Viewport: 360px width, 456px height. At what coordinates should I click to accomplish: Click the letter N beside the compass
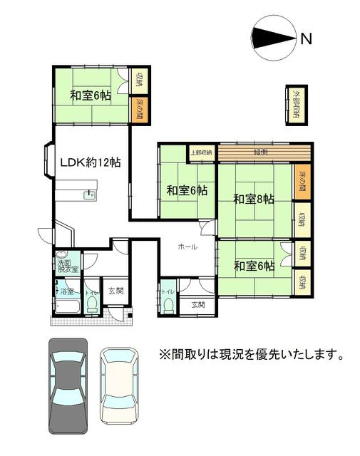tap(307, 39)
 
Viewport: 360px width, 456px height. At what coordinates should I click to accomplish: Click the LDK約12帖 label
tap(89, 162)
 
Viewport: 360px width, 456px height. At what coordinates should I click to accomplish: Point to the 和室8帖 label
tap(253, 199)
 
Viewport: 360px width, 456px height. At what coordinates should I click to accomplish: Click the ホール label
tap(187, 247)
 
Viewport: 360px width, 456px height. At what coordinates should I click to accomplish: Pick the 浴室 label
tap(66, 291)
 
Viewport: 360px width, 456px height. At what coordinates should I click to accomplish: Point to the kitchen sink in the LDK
tap(88, 195)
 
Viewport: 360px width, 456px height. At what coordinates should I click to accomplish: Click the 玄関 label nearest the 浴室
tap(115, 291)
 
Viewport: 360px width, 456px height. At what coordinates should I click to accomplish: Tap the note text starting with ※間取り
tap(251, 354)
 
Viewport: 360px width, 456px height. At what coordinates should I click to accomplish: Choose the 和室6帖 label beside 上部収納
tap(187, 191)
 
